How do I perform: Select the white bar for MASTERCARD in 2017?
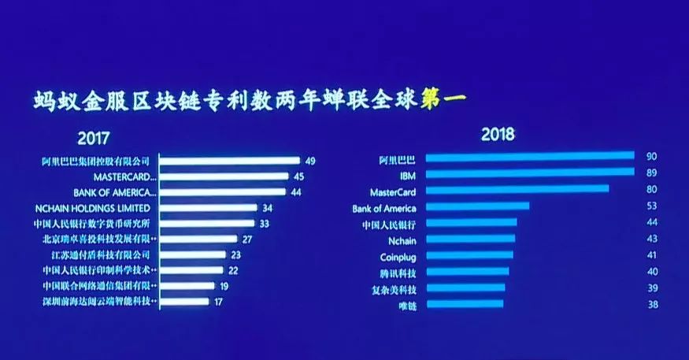tap(228, 176)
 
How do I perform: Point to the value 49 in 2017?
tap(310, 161)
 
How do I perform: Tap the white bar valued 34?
tap(209, 208)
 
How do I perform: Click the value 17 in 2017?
tap(220, 302)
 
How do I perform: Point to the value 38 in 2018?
tap(650, 303)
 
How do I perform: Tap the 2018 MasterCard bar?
tap(517, 189)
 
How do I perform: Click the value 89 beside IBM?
tap(650, 172)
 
